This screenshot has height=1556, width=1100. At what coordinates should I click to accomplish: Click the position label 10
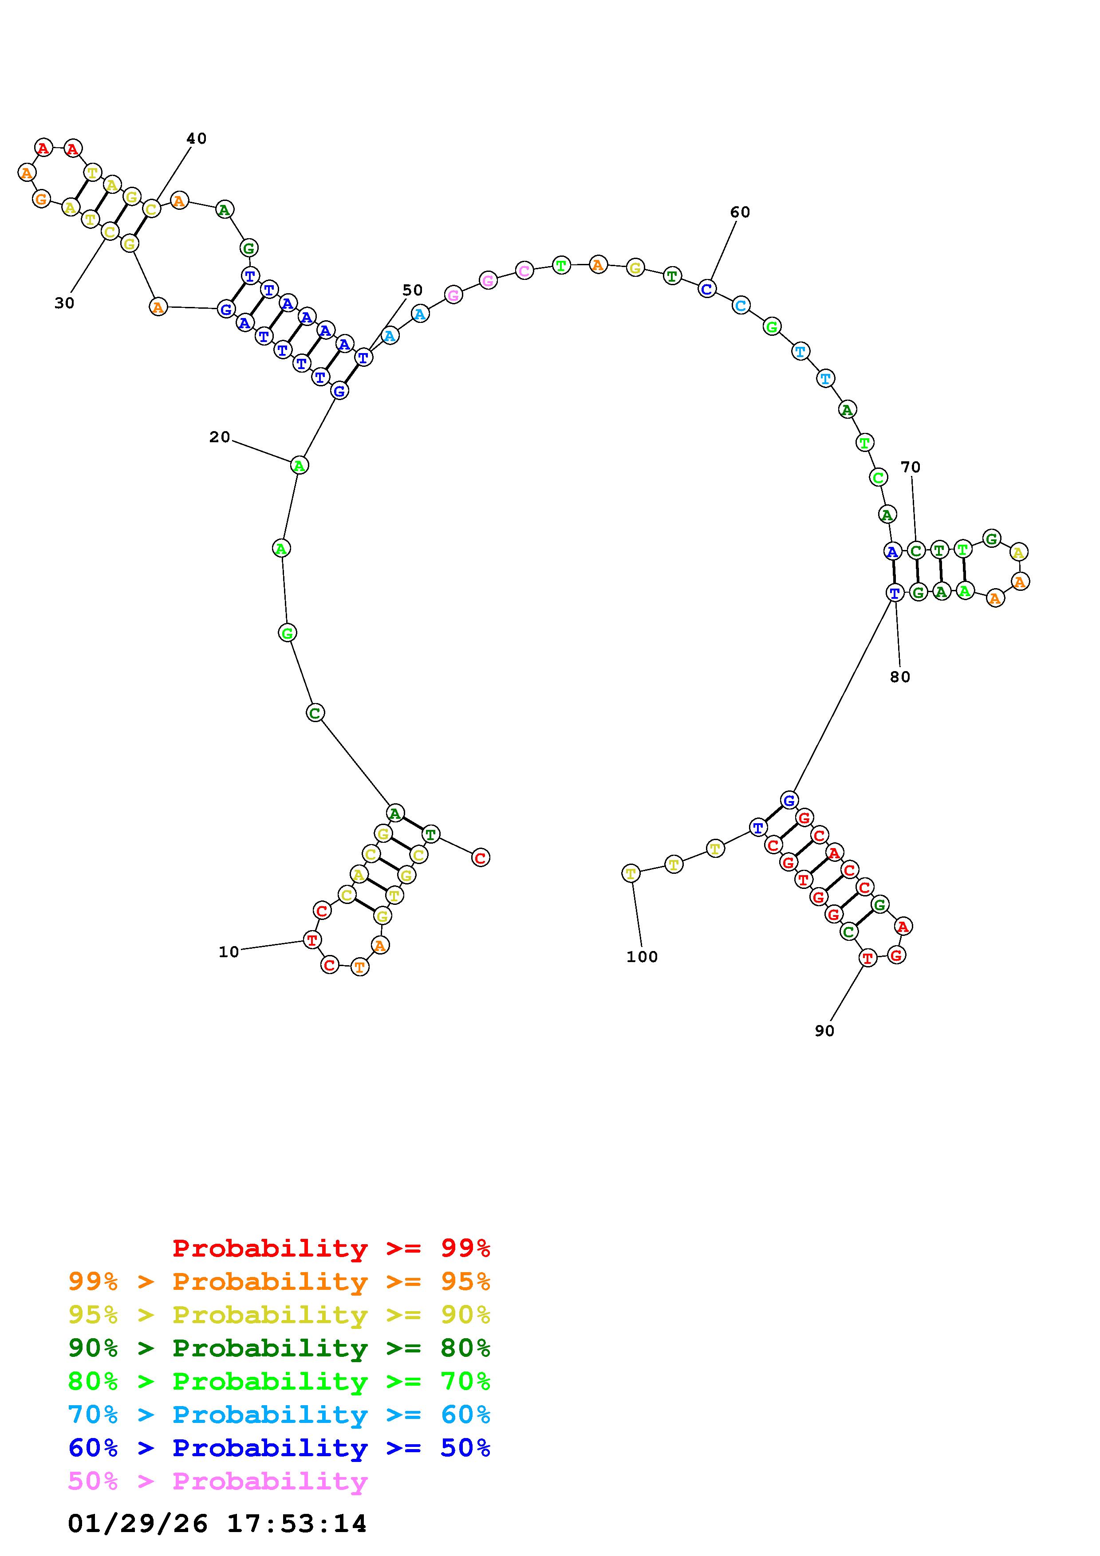click(x=229, y=952)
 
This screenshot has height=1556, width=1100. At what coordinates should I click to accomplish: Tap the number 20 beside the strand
click(x=220, y=437)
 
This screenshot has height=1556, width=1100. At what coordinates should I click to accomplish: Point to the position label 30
click(x=64, y=303)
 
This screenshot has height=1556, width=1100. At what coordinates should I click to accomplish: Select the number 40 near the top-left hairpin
click(x=197, y=139)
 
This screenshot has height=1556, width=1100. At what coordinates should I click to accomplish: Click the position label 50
click(x=413, y=291)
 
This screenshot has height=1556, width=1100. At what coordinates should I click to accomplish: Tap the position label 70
click(x=911, y=468)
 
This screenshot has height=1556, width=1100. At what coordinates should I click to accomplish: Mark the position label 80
click(x=900, y=677)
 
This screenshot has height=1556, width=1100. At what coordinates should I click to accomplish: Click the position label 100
click(x=642, y=957)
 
